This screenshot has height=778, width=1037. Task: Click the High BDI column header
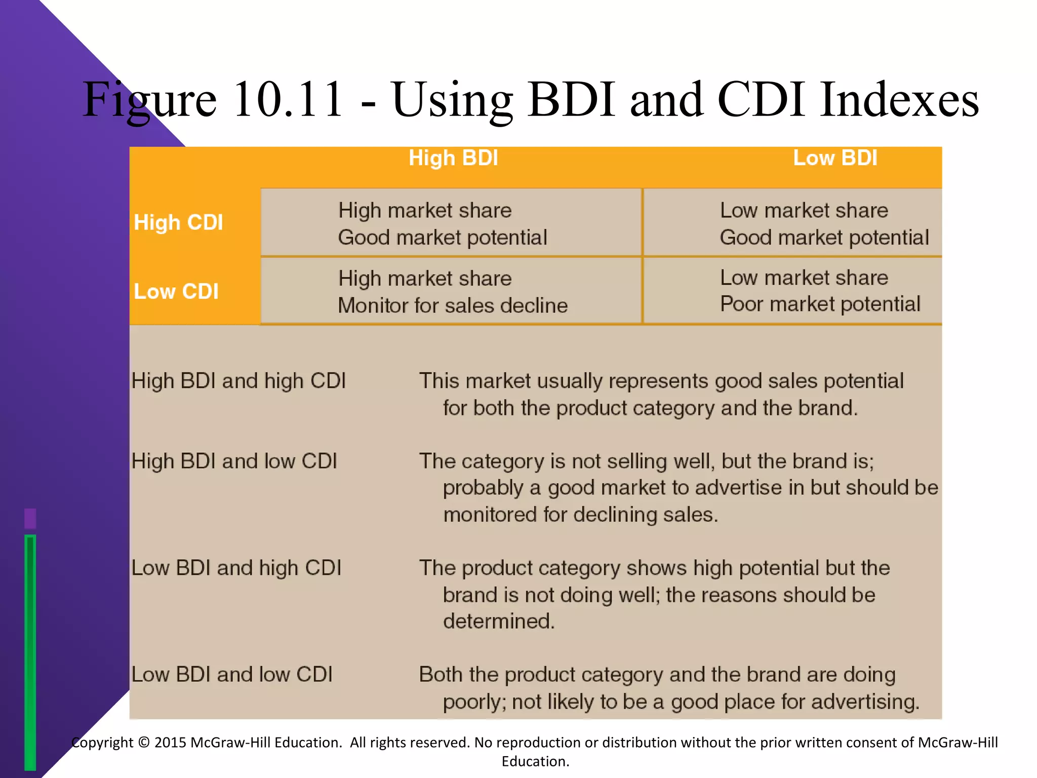(x=453, y=158)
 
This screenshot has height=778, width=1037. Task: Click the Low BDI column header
(x=835, y=158)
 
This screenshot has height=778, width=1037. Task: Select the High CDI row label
(x=178, y=222)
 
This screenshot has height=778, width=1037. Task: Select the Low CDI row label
(x=176, y=291)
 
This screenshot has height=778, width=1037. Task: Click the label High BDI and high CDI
(x=238, y=381)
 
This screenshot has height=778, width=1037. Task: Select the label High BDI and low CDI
(x=234, y=461)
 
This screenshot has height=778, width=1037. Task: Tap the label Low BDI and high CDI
(x=236, y=568)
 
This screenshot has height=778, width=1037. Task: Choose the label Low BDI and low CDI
(x=231, y=675)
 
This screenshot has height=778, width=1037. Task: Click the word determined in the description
(x=499, y=621)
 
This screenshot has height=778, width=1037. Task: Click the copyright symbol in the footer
(x=144, y=743)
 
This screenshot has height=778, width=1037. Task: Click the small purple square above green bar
(x=30, y=519)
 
